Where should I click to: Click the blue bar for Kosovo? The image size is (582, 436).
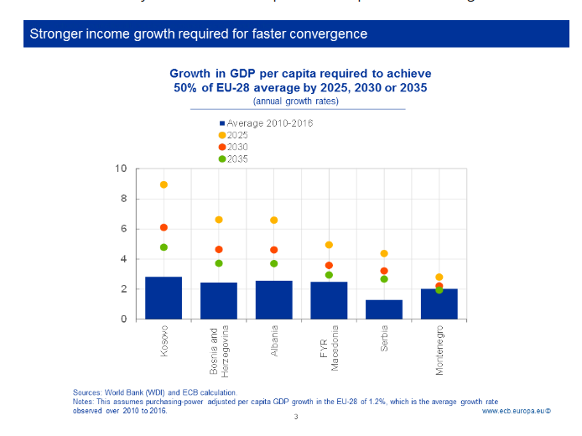coord(164,298)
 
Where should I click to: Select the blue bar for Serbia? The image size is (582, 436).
coord(384,309)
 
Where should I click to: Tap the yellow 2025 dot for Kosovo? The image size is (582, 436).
coord(164,184)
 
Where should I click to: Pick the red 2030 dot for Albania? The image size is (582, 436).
coord(274,250)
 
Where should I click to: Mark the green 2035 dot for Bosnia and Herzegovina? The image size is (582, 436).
coord(219,263)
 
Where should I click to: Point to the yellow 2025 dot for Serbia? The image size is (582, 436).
coord(384,253)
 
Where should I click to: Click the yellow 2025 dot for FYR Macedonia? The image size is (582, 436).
coord(329,245)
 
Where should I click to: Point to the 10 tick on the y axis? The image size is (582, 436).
coord(121,169)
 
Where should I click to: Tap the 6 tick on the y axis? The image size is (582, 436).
coord(123,229)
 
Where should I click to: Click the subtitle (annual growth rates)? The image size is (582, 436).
coord(297,101)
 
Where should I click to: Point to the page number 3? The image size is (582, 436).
coord(296,418)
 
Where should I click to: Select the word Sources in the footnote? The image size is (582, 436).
coord(88,392)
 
